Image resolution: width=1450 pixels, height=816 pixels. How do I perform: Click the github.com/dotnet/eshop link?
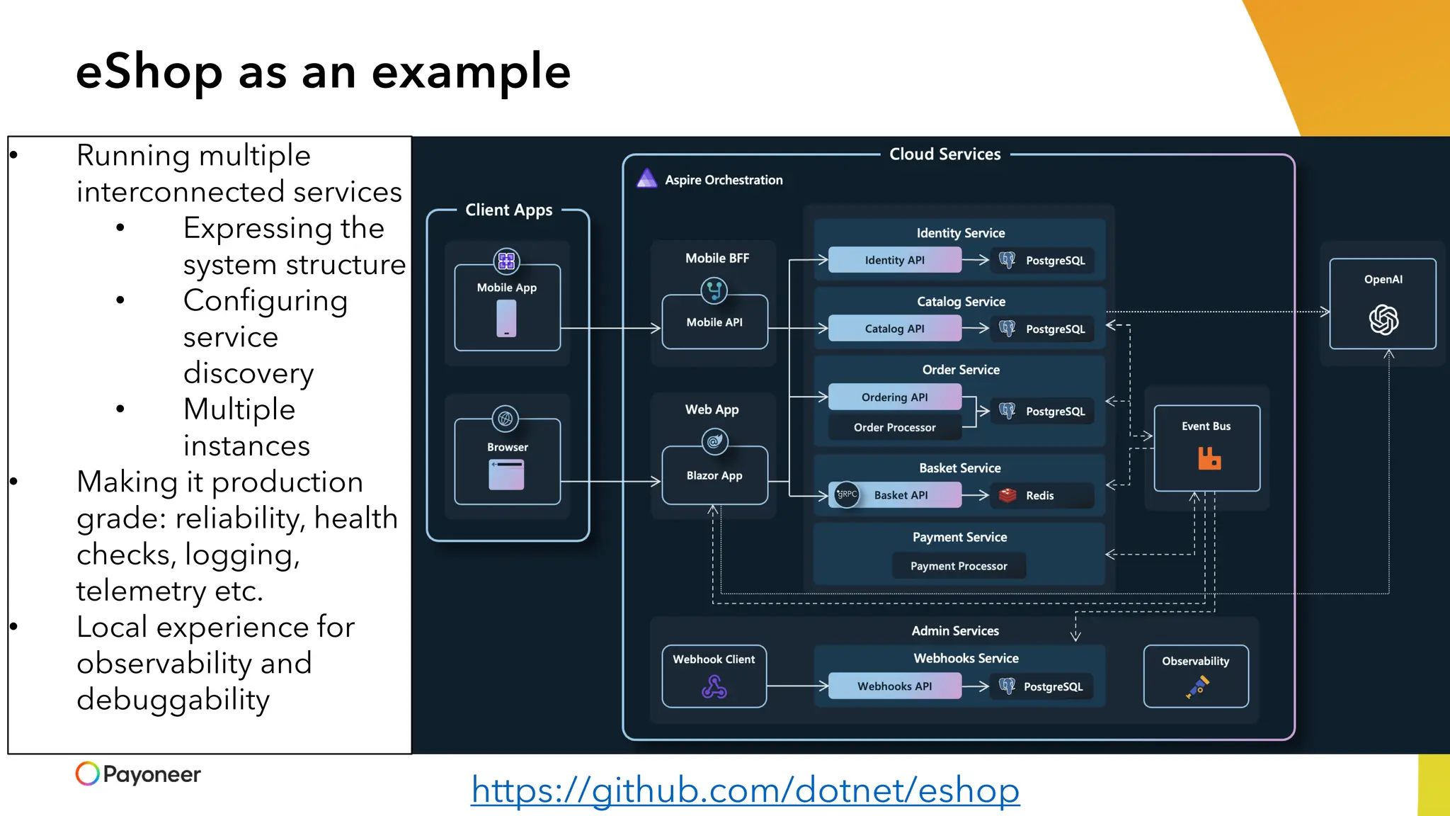point(745,790)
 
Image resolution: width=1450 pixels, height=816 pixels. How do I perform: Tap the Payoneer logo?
point(138,773)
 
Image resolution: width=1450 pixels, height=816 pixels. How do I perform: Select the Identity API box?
point(894,260)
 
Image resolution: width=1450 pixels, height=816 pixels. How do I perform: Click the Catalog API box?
point(894,329)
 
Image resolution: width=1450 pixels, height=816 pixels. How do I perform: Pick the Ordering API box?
point(894,397)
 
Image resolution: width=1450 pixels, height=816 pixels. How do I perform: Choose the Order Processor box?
point(894,427)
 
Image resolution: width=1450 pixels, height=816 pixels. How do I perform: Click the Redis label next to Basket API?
point(1039,496)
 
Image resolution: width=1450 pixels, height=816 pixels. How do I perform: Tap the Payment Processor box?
point(959,566)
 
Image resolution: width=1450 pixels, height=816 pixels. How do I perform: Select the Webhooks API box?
point(894,686)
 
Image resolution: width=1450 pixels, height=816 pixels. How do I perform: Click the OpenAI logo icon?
point(1383,320)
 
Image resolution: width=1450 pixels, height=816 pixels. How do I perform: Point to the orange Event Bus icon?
point(1209,458)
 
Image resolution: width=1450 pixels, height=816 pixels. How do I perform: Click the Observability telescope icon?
point(1197,686)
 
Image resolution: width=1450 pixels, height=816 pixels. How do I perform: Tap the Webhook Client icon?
point(714,686)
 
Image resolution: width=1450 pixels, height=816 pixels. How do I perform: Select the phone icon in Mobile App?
point(506,319)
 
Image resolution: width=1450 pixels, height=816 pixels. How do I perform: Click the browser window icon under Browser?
point(506,475)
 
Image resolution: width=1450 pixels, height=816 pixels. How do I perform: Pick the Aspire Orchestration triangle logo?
point(646,178)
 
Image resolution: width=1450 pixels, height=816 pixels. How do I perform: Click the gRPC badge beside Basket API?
point(847,494)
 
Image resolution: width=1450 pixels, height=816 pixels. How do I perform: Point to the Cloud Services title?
point(944,154)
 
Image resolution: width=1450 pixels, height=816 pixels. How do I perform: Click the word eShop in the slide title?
point(149,72)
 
